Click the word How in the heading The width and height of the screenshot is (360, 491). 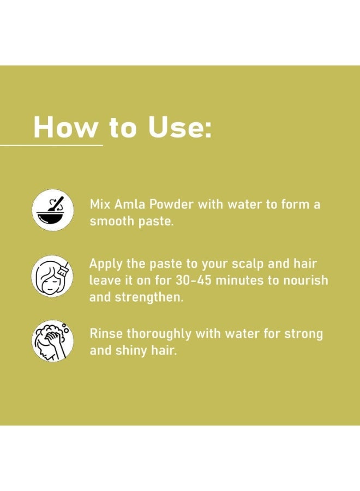click(65, 127)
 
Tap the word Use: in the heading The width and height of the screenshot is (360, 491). click(179, 127)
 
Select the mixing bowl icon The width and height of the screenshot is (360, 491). click(52, 210)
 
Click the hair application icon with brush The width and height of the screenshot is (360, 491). click(52, 276)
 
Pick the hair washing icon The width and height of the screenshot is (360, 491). click(52, 341)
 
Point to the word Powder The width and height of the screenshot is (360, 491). click(171, 204)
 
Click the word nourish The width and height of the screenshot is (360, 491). click(305, 280)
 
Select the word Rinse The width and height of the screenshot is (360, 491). click(106, 333)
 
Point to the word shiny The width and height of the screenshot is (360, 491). click(131, 351)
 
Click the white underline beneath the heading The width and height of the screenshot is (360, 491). click(51, 145)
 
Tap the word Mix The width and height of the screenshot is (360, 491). click(100, 204)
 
